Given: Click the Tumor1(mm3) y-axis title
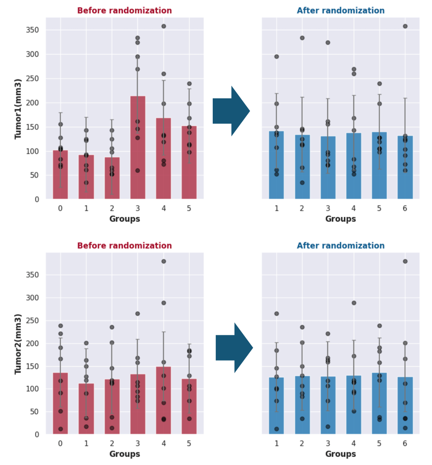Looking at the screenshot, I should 18,109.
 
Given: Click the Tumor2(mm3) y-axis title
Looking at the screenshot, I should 18,344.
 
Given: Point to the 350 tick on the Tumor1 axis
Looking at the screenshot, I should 32,30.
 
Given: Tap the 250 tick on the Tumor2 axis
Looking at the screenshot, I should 32,320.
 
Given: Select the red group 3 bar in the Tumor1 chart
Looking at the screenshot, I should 138,148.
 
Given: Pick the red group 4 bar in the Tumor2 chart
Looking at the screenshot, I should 164,400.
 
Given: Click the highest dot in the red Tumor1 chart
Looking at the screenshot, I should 164,26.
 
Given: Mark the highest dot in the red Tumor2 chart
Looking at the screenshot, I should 164,262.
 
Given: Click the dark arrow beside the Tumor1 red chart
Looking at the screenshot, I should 231,111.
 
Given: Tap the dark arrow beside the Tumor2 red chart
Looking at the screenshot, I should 234,348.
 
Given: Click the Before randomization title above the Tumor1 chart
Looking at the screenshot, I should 124,11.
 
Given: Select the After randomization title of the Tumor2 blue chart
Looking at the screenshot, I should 341,246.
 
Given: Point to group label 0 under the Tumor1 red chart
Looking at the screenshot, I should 60,209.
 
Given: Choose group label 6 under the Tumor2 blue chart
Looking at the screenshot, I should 405,443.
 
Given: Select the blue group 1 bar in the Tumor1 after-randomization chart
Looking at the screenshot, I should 276,166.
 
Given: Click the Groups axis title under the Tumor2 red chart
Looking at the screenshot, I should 125,454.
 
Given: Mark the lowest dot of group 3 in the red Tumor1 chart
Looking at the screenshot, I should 138,171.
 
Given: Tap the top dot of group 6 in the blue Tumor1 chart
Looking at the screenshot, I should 405,26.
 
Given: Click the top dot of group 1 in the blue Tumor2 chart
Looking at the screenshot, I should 277,314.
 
